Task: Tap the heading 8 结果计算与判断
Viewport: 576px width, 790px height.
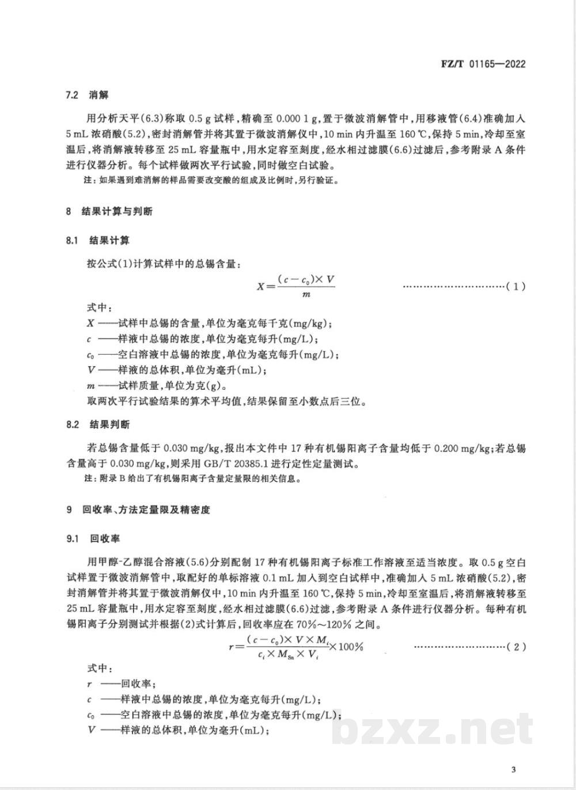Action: click(x=109, y=211)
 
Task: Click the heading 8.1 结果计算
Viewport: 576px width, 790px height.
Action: click(x=97, y=240)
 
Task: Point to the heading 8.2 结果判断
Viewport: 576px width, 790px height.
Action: click(x=97, y=424)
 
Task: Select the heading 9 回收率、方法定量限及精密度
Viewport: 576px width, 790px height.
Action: click(x=138, y=510)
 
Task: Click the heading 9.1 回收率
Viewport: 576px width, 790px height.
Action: click(x=93, y=538)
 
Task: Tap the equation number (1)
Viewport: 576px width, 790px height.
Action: click(x=515, y=286)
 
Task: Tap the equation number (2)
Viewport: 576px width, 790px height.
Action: click(x=515, y=647)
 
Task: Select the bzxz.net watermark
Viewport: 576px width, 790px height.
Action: click(x=432, y=730)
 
